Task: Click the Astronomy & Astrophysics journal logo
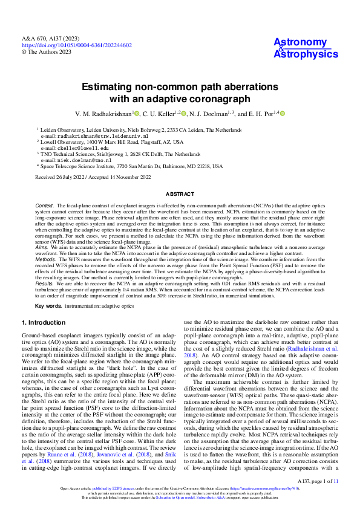tap(306, 48)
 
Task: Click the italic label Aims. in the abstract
tap(42, 247)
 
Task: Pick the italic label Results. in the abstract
tap(45, 282)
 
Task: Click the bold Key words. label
tap(48, 306)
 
